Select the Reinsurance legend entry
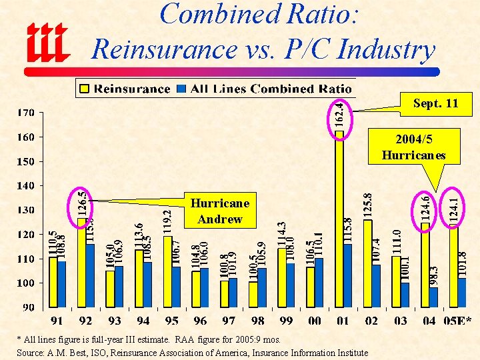pyautogui.click(x=125, y=89)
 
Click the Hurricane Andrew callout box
pyautogui.click(x=219, y=211)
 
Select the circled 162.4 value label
pyautogui.click(x=339, y=114)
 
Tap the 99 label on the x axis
pyautogui.click(x=286, y=321)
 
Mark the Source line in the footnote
pyautogui.click(x=193, y=352)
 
